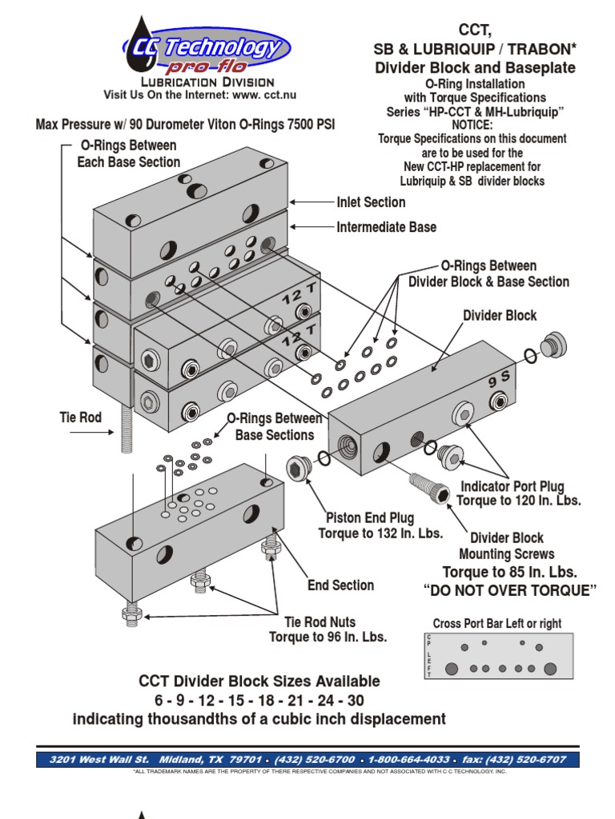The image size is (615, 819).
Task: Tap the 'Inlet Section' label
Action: pyautogui.click(x=371, y=202)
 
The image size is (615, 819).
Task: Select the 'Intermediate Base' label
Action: pyautogui.click(x=386, y=227)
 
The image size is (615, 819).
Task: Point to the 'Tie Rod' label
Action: pyautogui.click(x=81, y=417)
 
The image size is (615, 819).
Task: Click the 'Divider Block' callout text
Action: pyautogui.click(x=500, y=315)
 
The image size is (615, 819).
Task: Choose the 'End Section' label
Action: pyautogui.click(x=340, y=585)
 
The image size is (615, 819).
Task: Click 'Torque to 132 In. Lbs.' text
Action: pyautogui.click(x=380, y=533)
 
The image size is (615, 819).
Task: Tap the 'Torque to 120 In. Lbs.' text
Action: pyautogui.click(x=518, y=501)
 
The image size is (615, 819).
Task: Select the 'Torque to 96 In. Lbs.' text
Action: pyautogui.click(x=328, y=637)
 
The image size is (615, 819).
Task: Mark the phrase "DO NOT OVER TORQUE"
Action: pyautogui.click(x=510, y=591)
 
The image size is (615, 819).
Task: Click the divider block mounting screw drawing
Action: pyautogui.click(x=426, y=487)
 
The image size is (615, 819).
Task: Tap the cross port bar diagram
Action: pyautogui.click(x=496, y=657)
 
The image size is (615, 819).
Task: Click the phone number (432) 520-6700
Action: pyautogui.click(x=316, y=759)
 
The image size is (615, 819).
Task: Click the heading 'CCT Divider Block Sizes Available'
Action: pyautogui.click(x=259, y=681)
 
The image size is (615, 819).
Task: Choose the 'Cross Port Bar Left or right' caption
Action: pyautogui.click(x=497, y=624)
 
